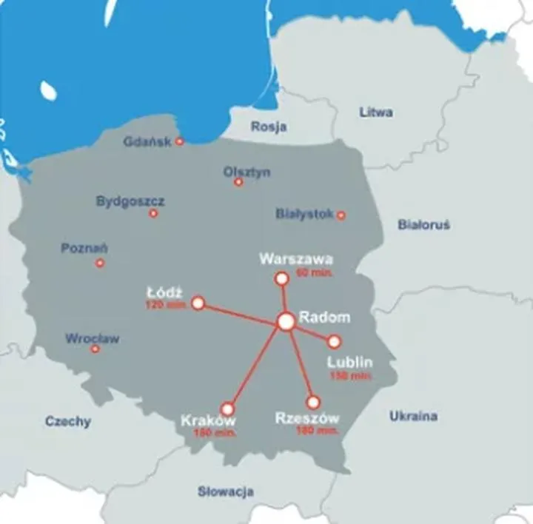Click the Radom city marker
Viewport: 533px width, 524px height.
[286, 321]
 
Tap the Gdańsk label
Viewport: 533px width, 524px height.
[147, 141]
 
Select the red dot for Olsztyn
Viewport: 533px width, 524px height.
[238, 182]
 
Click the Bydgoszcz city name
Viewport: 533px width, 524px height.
[130, 201]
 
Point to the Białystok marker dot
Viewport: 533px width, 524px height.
[341, 215]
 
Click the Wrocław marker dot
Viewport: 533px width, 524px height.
[95, 349]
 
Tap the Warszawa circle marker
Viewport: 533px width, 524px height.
[281, 278]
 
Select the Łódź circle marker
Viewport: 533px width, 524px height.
[198, 303]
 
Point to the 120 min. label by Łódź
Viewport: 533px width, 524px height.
[164, 305]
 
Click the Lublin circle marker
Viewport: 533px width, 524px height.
[334, 342]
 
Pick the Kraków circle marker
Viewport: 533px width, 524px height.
[227, 409]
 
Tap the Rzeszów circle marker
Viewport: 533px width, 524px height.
[313, 403]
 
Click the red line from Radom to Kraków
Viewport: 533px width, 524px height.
[256, 366]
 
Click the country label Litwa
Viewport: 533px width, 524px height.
[375, 112]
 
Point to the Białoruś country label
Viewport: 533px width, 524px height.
[423, 224]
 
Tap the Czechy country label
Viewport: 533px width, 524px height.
[68, 421]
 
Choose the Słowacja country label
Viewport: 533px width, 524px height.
[226, 491]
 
